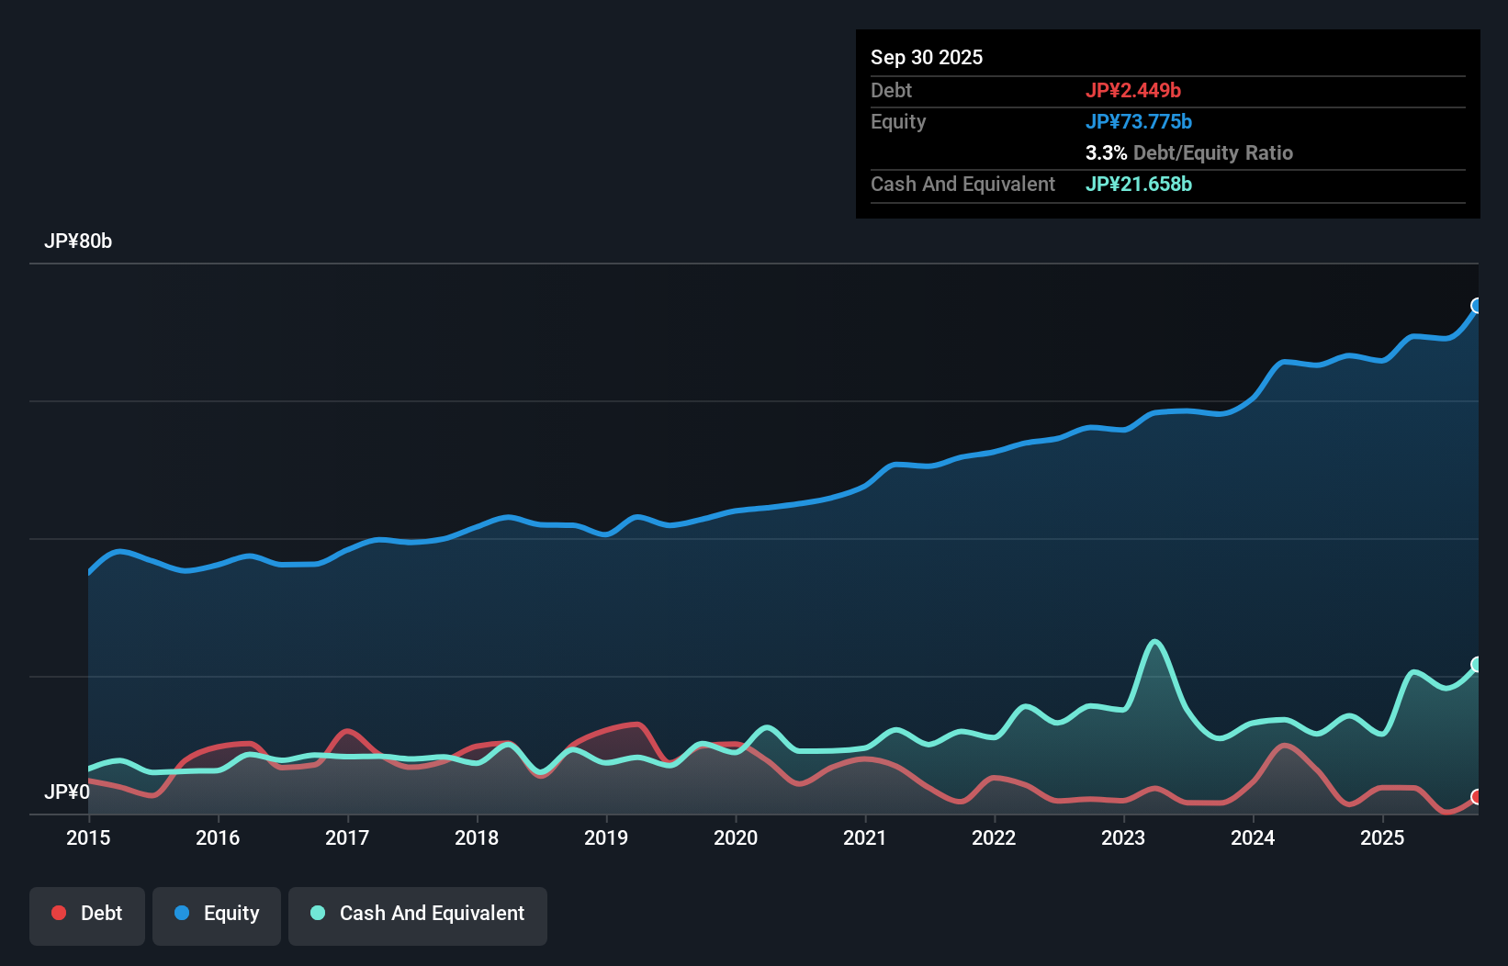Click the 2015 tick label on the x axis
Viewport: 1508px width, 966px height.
click(88, 837)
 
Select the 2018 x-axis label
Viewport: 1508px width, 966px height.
click(477, 837)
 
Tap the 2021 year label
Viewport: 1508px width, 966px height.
click(865, 837)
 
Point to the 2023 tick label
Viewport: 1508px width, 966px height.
click(1123, 837)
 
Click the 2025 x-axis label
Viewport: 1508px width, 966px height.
click(1382, 837)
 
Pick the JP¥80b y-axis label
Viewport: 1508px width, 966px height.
click(78, 241)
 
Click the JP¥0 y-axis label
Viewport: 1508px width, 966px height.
click(67, 792)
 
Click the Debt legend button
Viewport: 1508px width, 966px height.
click(87, 913)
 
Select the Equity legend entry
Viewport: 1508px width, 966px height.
click(217, 913)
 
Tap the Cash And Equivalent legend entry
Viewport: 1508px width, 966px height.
click(418, 913)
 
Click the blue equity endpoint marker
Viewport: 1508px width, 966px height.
click(1477, 306)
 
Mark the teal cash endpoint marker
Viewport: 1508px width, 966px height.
click(1477, 665)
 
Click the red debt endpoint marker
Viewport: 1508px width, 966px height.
click(1477, 797)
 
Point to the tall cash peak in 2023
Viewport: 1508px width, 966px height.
click(1154, 642)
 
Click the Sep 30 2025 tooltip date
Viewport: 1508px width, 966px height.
click(927, 57)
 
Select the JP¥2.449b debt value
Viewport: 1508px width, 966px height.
click(1133, 90)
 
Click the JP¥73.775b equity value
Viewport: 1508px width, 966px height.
click(1139, 121)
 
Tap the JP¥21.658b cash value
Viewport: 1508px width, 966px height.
click(1139, 184)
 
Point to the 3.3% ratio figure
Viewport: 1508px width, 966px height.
click(1106, 152)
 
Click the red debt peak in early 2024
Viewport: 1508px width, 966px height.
click(1284, 745)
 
